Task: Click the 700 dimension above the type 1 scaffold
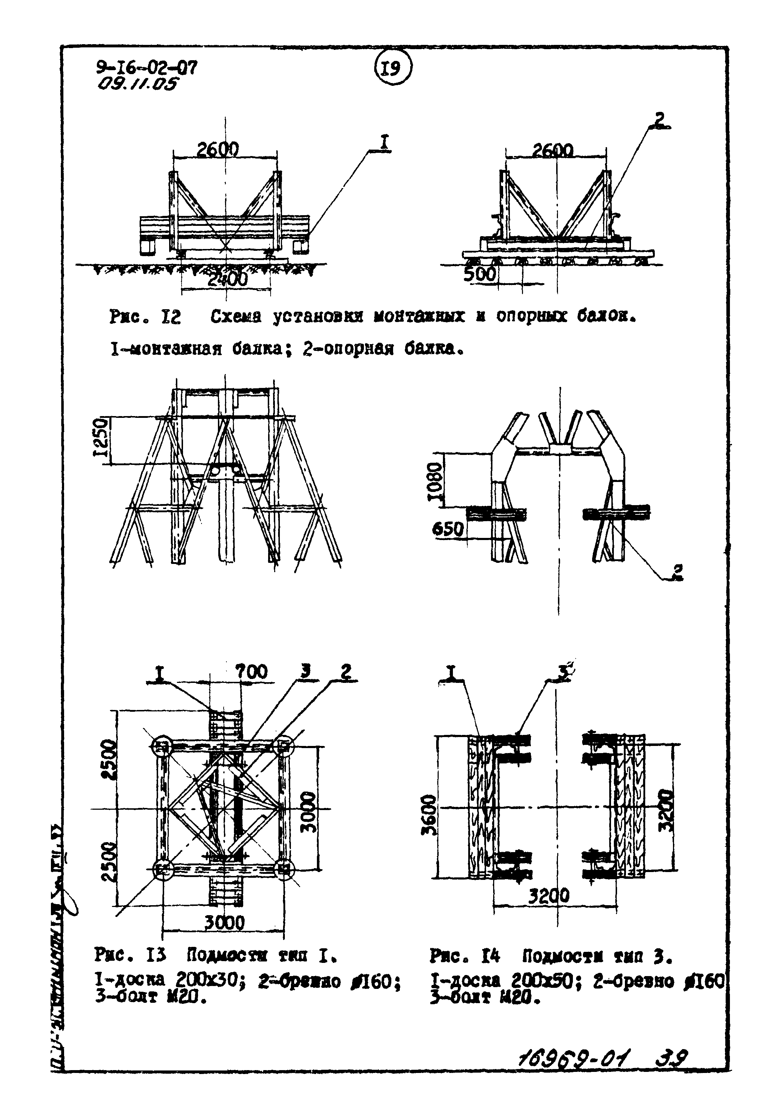click(251, 671)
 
